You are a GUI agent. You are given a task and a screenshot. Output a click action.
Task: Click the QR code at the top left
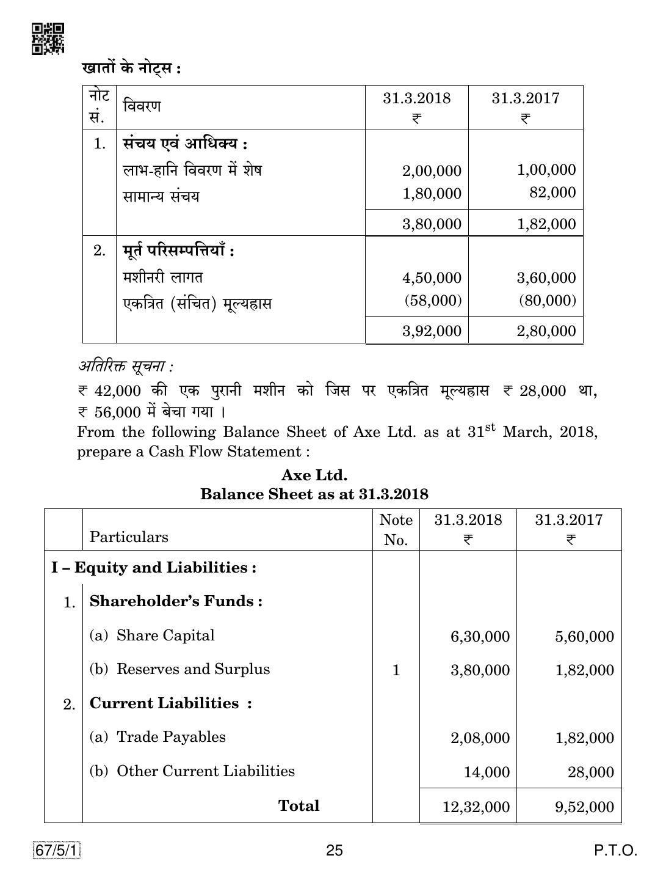(47, 39)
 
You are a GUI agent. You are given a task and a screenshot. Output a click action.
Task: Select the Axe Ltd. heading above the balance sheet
(314, 475)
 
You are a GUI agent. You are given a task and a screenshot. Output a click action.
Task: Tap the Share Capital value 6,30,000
(480, 637)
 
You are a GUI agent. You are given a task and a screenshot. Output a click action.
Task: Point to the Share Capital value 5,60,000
(584, 637)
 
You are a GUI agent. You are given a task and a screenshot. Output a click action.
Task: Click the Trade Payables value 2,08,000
(480, 738)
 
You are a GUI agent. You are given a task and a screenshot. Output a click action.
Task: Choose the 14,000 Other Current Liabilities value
(487, 772)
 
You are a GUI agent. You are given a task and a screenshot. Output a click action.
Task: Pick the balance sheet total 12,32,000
(476, 807)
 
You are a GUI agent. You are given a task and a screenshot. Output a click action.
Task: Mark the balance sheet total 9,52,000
(584, 807)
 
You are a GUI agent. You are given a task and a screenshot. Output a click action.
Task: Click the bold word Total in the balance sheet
(299, 805)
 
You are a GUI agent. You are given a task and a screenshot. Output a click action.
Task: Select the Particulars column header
(129, 537)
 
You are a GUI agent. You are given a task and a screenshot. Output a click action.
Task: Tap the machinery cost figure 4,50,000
(432, 278)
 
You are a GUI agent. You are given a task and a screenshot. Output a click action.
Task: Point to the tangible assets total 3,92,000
(432, 331)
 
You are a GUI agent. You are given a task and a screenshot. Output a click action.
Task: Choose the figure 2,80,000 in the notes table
(546, 331)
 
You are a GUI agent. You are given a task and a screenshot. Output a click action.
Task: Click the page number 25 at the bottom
(335, 850)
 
